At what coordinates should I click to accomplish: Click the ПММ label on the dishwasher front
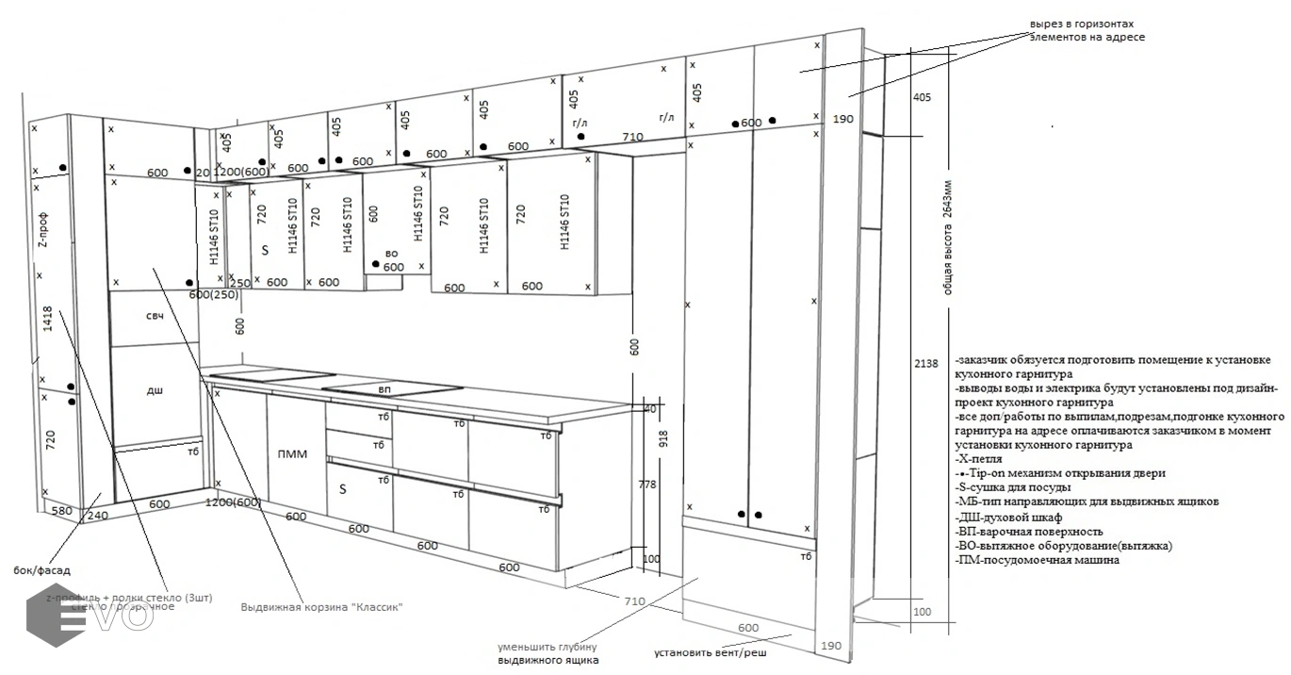[x=293, y=454]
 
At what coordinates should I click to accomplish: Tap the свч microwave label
[x=155, y=316]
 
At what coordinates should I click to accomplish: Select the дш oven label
[x=155, y=389]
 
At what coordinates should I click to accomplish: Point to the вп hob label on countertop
[x=384, y=388]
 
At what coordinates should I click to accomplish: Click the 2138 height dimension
[x=926, y=363]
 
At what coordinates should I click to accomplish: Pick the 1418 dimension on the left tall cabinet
[x=47, y=321]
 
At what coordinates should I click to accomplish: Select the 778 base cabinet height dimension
[x=647, y=485]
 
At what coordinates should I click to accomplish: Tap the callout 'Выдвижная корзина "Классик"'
[x=322, y=607]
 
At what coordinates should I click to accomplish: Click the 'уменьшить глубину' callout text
[x=547, y=647]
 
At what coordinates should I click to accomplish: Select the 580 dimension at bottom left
[x=62, y=511]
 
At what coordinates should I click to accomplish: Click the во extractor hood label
[x=391, y=254]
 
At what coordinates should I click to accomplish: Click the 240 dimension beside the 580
[x=97, y=516]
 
